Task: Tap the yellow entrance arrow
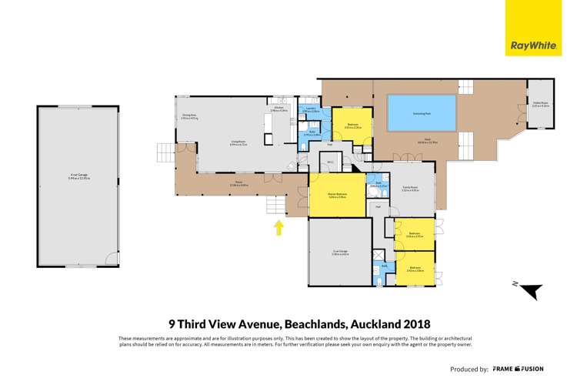coord(278,227)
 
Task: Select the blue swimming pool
coord(421,113)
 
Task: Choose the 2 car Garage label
coord(340,253)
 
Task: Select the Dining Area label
coord(190,117)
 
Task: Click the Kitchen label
coord(279,110)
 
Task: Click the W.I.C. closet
coord(329,162)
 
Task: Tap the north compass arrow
coord(528,291)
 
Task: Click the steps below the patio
coord(275,206)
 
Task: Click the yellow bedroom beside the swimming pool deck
coord(352,126)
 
